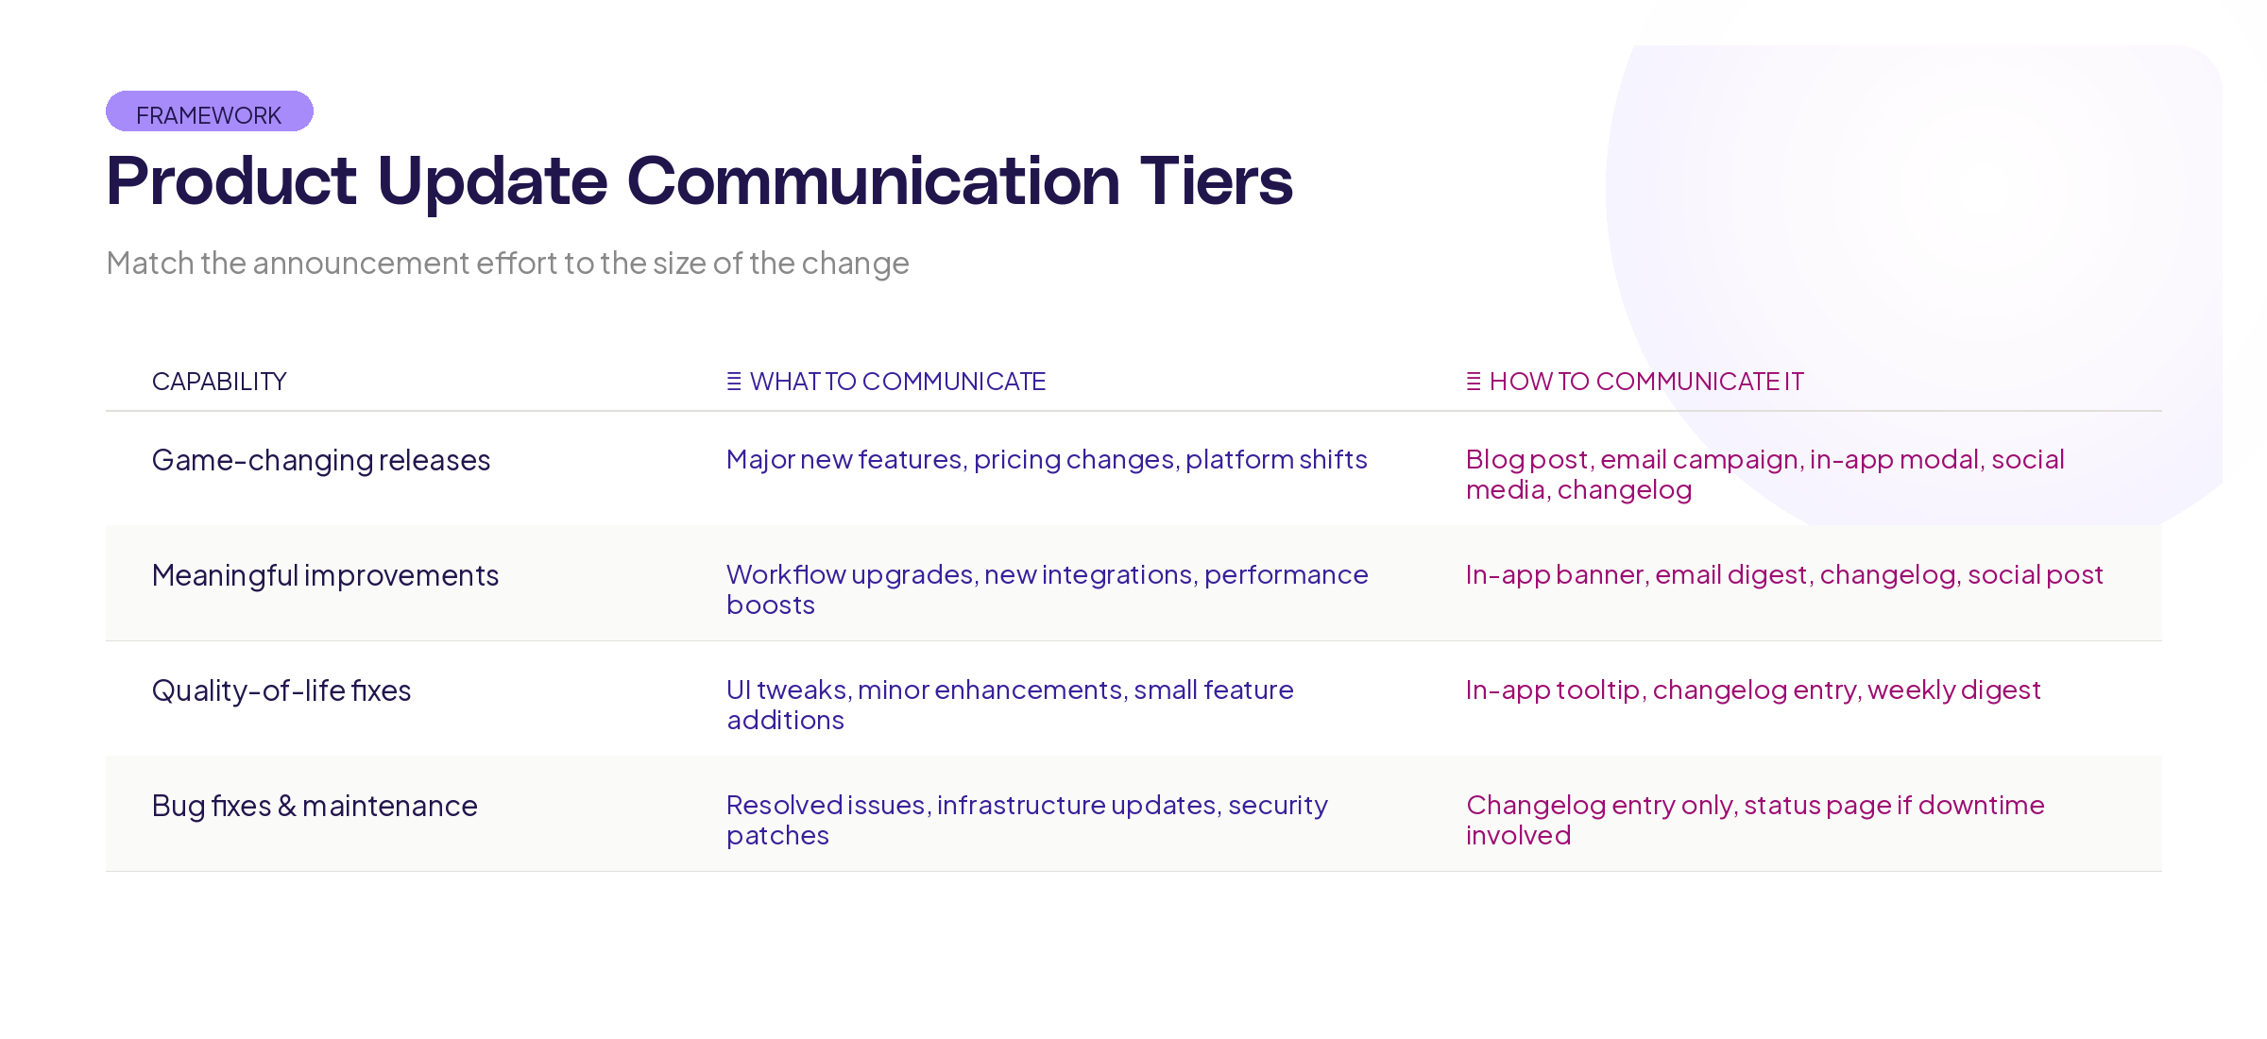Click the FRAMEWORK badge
(209, 112)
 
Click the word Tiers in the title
(1216, 180)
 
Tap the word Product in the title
(231, 180)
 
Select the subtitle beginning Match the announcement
(507, 263)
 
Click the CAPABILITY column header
(219, 382)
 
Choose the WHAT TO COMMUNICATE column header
(897, 382)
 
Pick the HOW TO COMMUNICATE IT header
(1646, 382)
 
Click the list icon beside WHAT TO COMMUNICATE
(734, 382)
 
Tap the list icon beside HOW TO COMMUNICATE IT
(1474, 382)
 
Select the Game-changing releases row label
(321, 460)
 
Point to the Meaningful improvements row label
(325, 575)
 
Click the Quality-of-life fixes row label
(281, 690)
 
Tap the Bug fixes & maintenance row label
(315, 806)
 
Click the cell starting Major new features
(1047, 460)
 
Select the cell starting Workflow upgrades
(1047, 589)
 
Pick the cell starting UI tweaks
(1010, 705)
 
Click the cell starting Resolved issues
(1027, 820)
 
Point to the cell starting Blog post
(1764, 474)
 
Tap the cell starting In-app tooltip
(1753, 690)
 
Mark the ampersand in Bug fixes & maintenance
(287, 806)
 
